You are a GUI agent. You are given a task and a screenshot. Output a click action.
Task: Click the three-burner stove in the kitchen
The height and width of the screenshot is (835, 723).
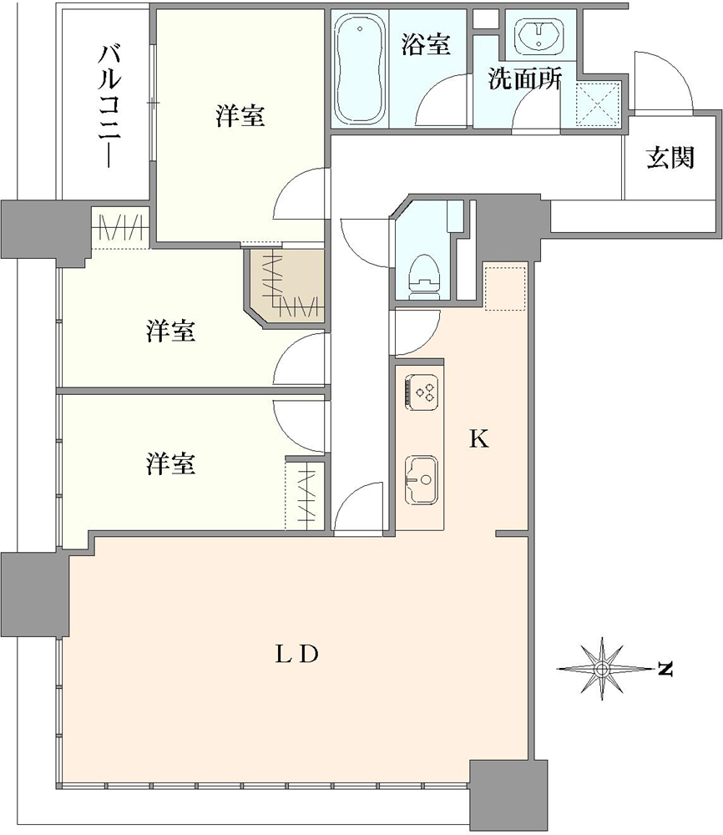click(x=422, y=392)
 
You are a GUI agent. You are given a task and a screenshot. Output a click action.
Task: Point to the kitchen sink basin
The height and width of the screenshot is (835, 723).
click(x=422, y=479)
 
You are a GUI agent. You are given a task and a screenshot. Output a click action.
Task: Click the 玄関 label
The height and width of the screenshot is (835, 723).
click(x=670, y=158)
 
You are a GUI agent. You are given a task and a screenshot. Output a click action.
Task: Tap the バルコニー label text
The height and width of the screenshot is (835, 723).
click(x=109, y=107)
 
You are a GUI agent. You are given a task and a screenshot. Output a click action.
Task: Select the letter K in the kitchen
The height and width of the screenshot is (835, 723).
click(x=478, y=439)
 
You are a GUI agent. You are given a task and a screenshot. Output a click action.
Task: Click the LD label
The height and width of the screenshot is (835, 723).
click(x=296, y=654)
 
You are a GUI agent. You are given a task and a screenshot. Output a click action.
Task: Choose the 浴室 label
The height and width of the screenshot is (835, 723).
click(x=426, y=43)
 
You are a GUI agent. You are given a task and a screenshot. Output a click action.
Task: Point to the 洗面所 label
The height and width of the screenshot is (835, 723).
click(x=525, y=79)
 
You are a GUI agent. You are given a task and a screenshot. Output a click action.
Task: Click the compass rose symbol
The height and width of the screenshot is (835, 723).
click(x=602, y=668)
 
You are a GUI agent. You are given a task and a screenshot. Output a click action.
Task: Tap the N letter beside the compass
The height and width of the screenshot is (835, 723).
click(x=665, y=668)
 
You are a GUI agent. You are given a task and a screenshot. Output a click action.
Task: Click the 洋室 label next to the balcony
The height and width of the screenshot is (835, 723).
click(x=240, y=115)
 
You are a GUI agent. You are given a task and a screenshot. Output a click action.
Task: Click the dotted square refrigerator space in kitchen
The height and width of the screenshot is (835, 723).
click(x=505, y=288)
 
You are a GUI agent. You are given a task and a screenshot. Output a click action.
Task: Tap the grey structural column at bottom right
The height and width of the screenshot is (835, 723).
click(x=508, y=795)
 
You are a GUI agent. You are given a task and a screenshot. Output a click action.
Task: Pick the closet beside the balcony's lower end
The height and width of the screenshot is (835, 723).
click(x=121, y=227)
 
